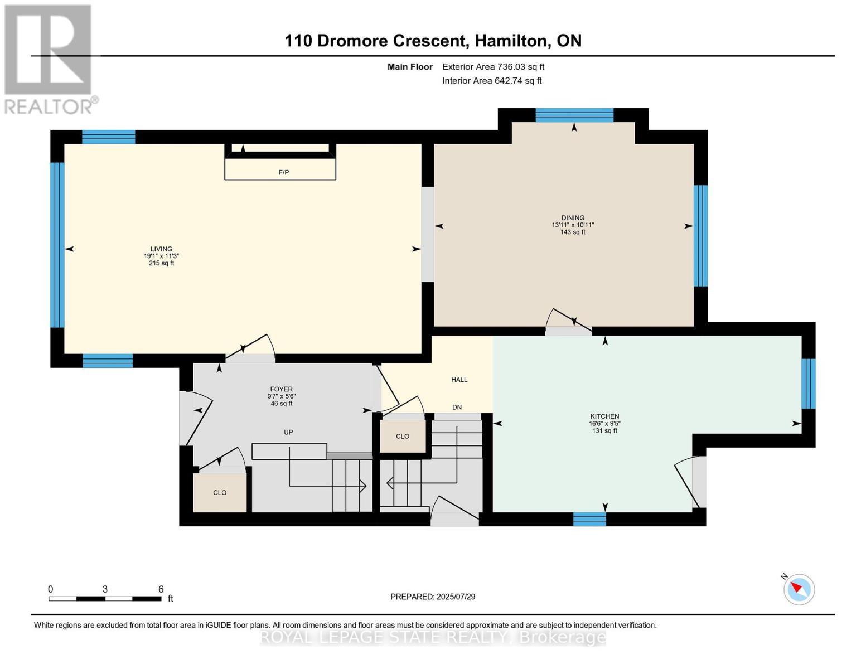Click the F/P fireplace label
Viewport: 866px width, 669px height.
pos(283,172)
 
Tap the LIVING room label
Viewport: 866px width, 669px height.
pos(161,249)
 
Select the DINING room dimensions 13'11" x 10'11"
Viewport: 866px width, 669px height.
pos(573,225)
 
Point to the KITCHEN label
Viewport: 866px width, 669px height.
pos(604,416)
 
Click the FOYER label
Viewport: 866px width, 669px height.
pos(282,389)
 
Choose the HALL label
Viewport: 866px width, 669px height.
pos(459,380)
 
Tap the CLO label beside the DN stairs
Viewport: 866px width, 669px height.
pos(403,437)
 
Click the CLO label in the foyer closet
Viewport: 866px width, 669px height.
pos(220,492)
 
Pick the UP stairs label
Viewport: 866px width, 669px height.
pos(288,432)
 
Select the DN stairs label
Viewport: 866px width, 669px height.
pos(457,407)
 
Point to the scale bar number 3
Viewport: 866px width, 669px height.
pos(105,589)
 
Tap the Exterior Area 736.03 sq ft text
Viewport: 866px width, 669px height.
pos(494,67)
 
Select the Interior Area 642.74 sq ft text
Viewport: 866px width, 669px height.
pos(492,81)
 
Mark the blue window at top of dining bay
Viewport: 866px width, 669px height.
pos(574,115)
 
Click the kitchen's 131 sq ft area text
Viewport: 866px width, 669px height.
pos(604,431)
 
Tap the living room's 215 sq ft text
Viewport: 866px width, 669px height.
pos(161,263)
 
